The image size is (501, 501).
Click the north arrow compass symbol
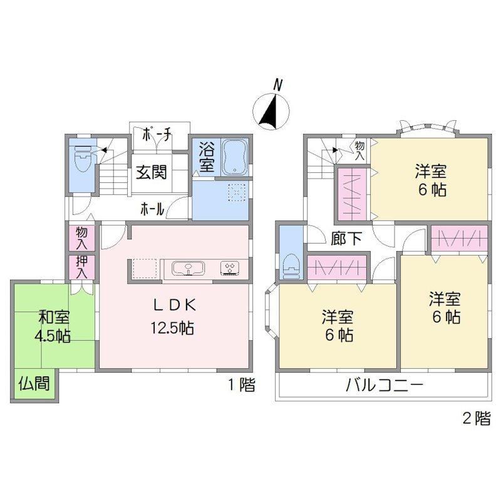point(271,111)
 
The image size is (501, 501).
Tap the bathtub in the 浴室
point(235,157)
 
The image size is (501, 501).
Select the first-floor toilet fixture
point(83,158)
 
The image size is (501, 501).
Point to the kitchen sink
point(189,268)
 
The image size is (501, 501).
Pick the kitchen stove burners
point(230,268)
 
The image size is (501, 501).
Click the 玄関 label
point(152,173)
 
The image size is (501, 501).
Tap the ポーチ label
point(156,135)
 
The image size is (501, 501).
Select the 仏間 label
point(34,383)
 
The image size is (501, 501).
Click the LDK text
point(175,306)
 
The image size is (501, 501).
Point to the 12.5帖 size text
point(172,328)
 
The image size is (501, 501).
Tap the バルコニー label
point(385,385)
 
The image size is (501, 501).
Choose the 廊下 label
point(346,238)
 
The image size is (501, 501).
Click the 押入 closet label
point(81,267)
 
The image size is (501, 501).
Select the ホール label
point(152,210)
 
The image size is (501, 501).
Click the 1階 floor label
point(242,385)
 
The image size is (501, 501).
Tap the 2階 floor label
point(477,418)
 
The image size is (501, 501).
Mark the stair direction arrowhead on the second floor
point(335,150)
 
